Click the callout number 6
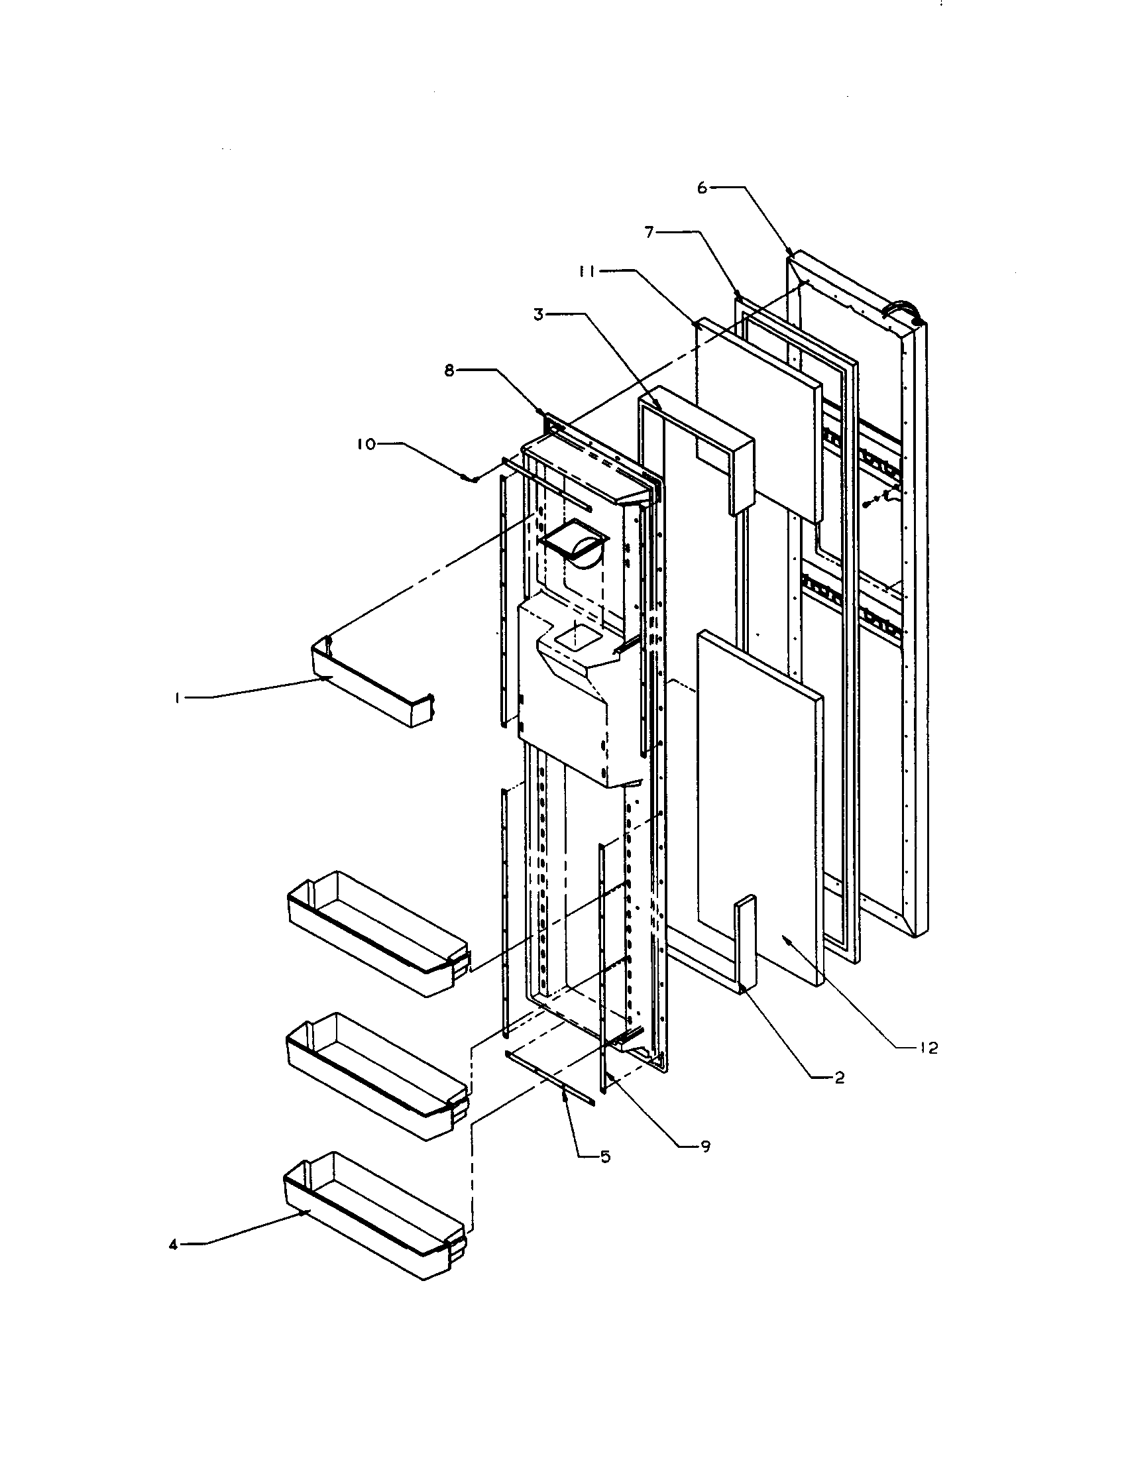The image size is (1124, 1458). (x=701, y=188)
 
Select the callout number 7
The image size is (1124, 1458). (x=648, y=233)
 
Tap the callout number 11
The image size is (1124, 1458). (x=589, y=271)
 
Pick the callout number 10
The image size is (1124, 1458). (x=366, y=444)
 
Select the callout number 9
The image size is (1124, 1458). (x=705, y=1147)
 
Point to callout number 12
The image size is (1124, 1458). (x=928, y=1048)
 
